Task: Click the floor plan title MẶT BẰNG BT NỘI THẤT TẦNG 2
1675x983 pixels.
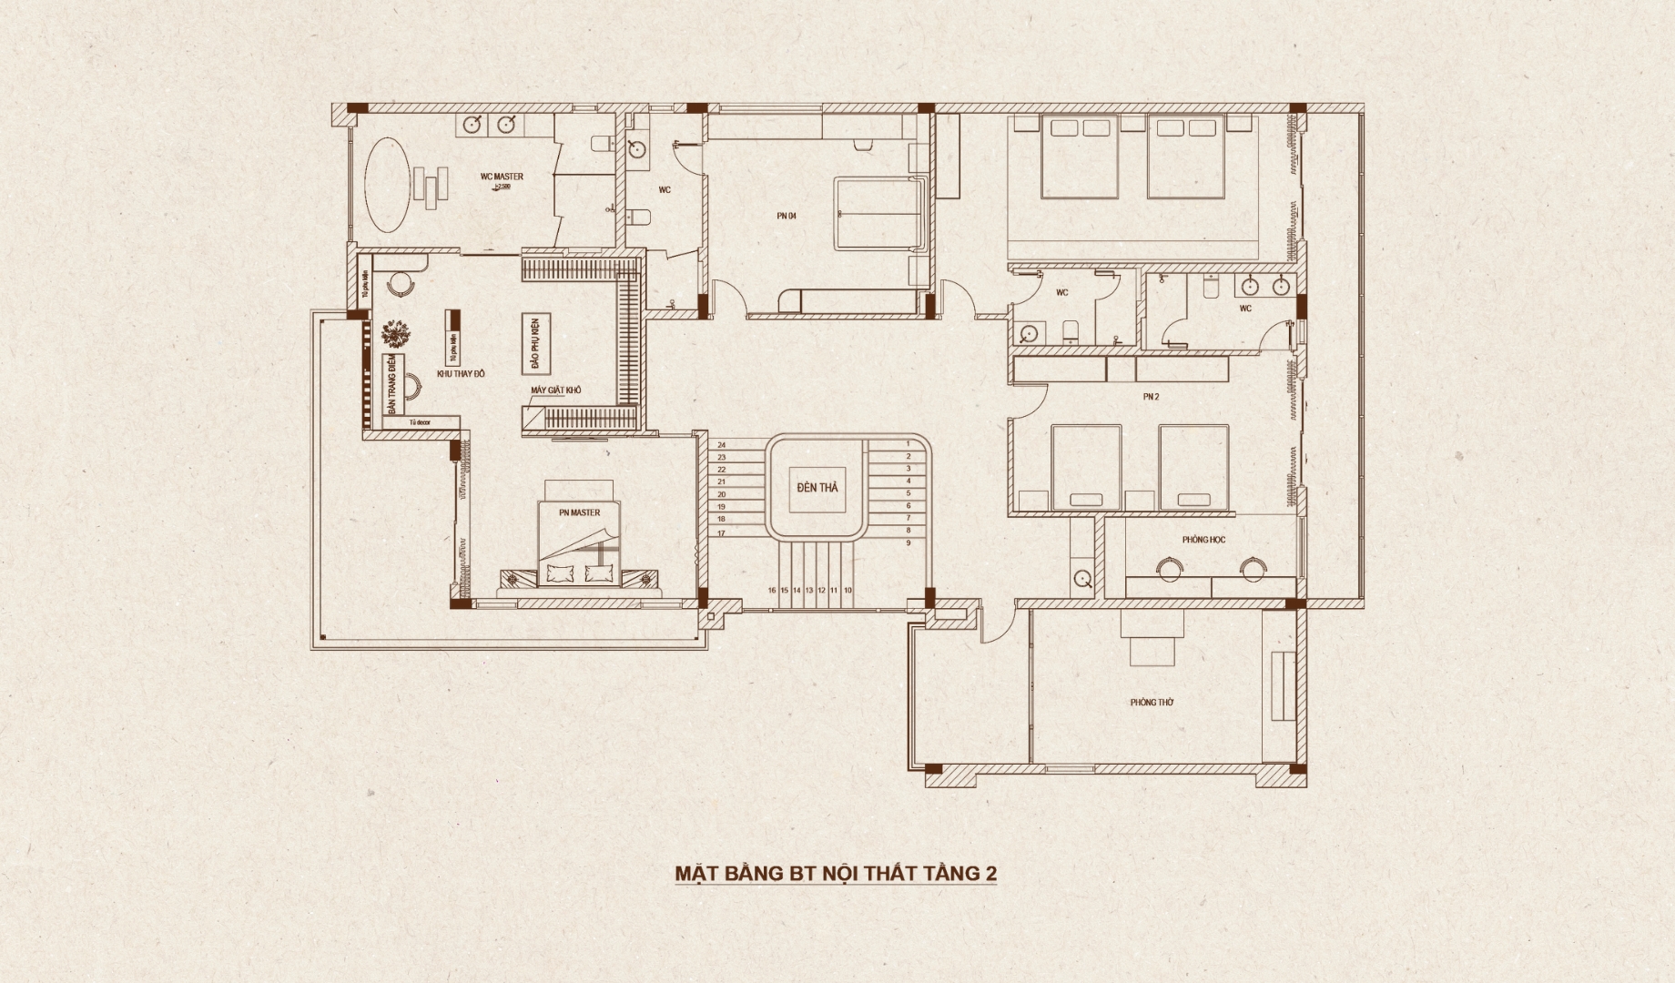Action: pyautogui.click(x=836, y=874)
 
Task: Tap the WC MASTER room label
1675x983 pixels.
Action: pyautogui.click(x=502, y=177)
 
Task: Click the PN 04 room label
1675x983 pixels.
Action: pyautogui.click(x=787, y=216)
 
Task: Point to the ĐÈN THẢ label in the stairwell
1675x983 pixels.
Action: pyautogui.click(x=817, y=488)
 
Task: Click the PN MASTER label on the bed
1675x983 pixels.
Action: pyautogui.click(x=580, y=512)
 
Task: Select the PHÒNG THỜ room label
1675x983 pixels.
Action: pyautogui.click(x=1152, y=703)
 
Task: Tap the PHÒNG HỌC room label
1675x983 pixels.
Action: pyautogui.click(x=1203, y=540)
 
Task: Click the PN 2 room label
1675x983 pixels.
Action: pyautogui.click(x=1151, y=397)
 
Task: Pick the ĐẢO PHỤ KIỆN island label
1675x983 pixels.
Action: pyautogui.click(x=536, y=342)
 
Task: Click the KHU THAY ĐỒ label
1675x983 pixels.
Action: pyautogui.click(x=462, y=374)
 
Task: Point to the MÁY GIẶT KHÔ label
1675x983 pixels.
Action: pyautogui.click(x=556, y=390)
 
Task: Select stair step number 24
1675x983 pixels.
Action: pyautogui.click(x=721, y=444)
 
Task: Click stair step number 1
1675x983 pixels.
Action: pyautogui.click(x=908, y=444)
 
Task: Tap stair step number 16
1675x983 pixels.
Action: pyautogui.click(x=772, y=591)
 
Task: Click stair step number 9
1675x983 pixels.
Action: pyautogui.click(x=908, y=542)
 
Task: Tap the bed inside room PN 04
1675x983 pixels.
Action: pyautogui.click(x=880, y=214)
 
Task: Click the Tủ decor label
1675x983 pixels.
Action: pyautogui.click(x=420, y=422)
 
